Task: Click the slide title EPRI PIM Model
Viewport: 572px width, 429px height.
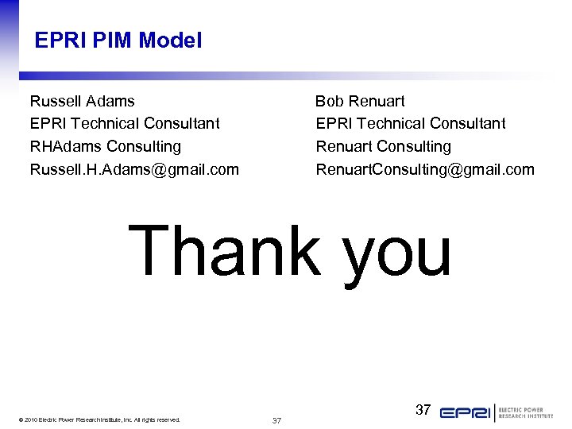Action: [118, 41]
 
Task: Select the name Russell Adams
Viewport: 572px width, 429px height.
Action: [82, 102]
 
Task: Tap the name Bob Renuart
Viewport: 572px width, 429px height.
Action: [360, 102]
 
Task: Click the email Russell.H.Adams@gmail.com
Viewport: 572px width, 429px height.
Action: [134, 169]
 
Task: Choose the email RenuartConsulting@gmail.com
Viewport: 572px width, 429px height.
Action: [425, 169]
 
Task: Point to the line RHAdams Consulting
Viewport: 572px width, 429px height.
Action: [105, 147]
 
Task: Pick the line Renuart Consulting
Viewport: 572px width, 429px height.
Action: [383, 147]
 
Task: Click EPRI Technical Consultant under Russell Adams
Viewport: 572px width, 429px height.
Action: [125, 124]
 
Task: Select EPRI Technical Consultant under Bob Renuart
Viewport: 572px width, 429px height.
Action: [410, 124]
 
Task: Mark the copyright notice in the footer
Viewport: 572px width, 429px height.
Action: [99, 419]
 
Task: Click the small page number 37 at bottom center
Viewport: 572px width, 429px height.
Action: [276, 420]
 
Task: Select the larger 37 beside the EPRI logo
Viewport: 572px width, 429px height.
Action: [423, 410]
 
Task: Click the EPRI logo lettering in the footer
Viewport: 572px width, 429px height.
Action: [466, 413]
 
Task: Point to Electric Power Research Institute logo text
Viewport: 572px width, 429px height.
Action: [526, 413]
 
